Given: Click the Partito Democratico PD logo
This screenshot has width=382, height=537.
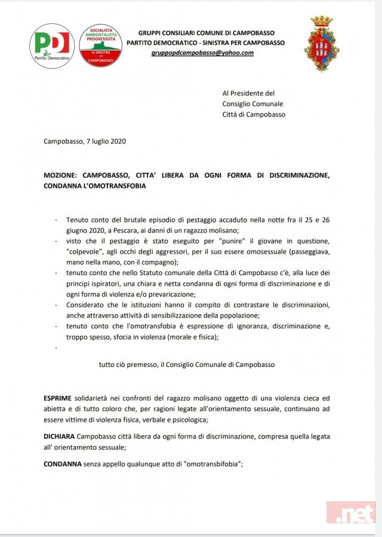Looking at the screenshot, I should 52,45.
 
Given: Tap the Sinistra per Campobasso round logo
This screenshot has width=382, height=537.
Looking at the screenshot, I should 100,45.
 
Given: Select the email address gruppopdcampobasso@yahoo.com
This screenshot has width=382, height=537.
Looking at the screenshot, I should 202,53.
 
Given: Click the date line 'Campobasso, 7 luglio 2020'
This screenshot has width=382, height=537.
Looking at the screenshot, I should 85,141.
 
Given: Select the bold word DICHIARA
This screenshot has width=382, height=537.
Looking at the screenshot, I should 60,437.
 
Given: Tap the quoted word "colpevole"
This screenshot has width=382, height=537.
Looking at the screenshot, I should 86,252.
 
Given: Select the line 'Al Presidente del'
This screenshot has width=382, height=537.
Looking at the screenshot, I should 248,93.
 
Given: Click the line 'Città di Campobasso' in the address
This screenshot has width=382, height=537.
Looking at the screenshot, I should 253,115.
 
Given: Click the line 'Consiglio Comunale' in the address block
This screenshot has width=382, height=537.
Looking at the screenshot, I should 252,104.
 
